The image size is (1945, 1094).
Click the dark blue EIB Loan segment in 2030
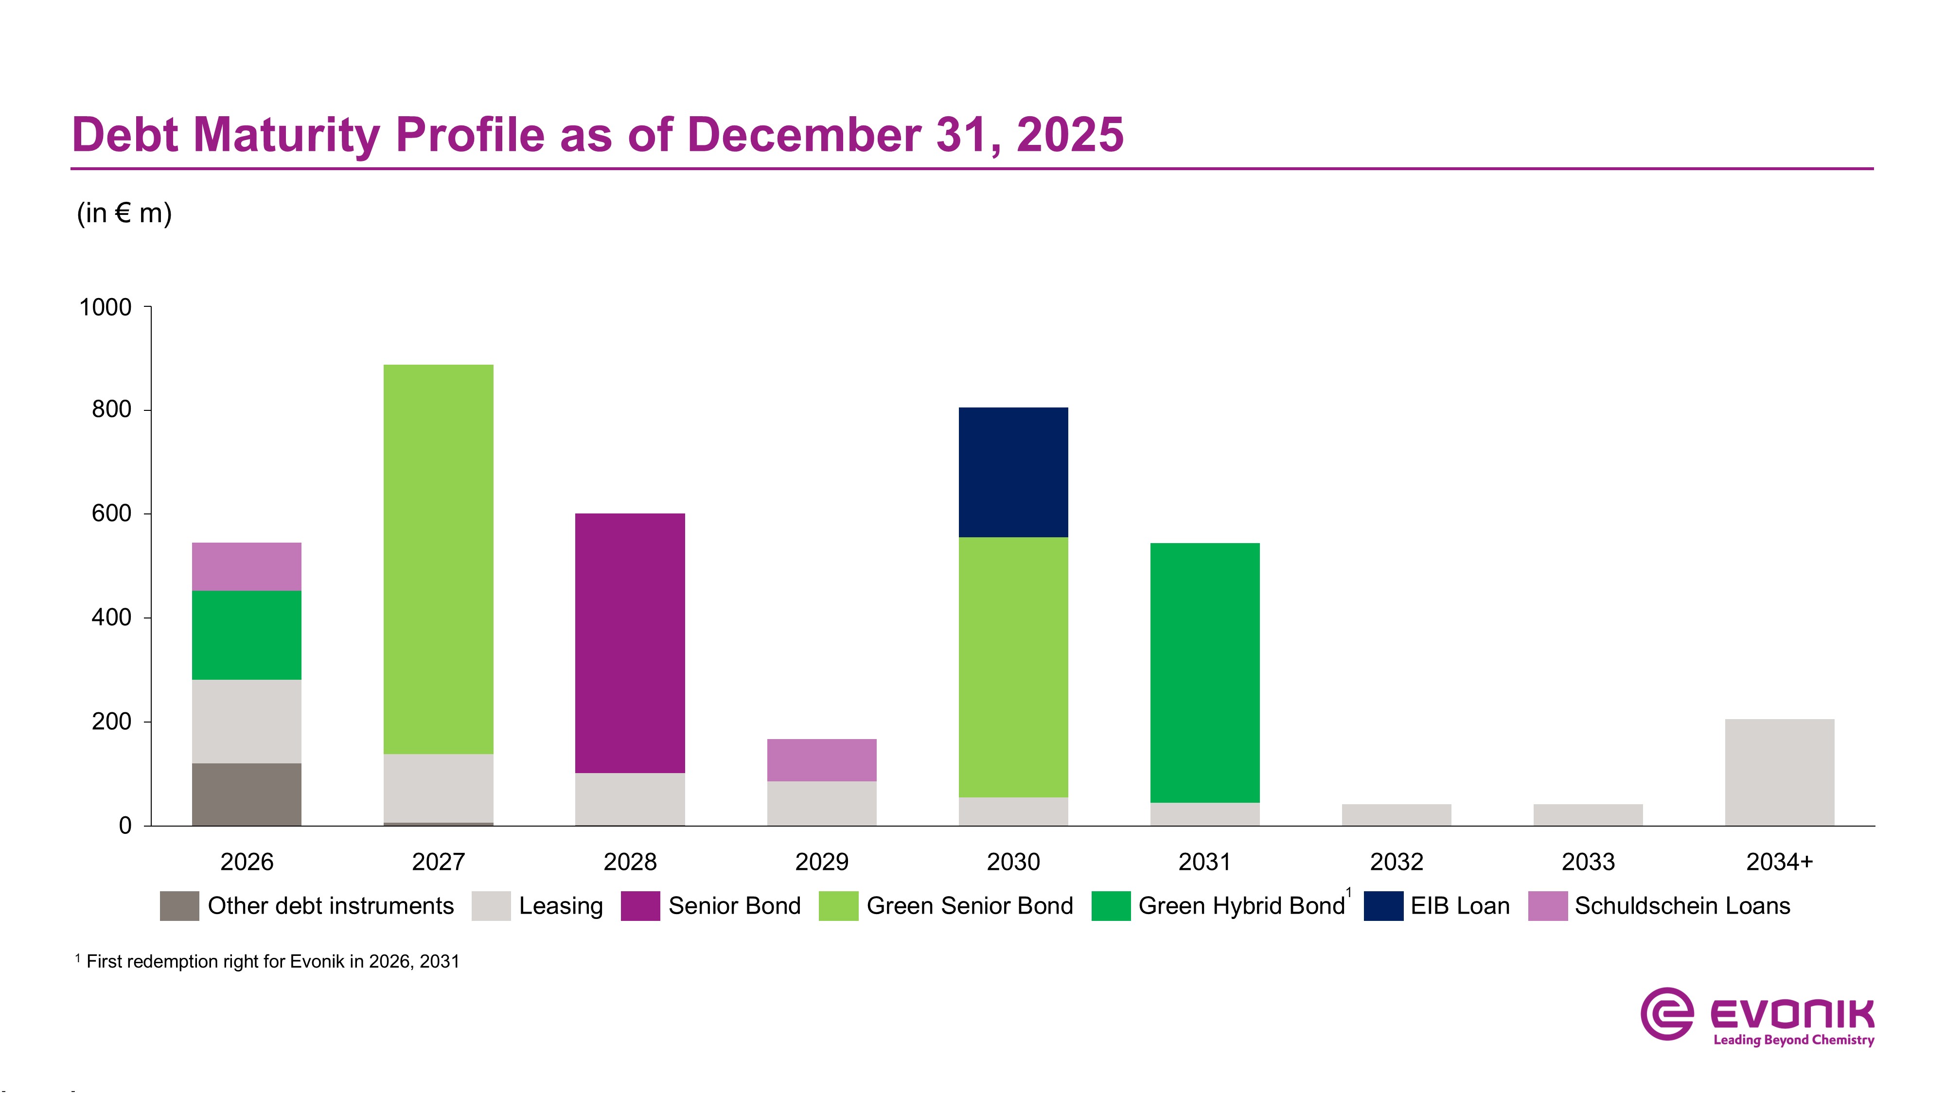click(x=1013, y=472)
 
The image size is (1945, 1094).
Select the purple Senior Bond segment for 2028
click(x=630, y=642)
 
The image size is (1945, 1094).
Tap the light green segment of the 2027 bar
click(x=438, y=559)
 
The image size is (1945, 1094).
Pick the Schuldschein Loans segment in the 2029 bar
click(x=821, y=759)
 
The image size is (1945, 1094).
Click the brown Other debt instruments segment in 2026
click(x=246, y=794)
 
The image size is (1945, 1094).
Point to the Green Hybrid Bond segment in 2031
click(x=1204, y=672)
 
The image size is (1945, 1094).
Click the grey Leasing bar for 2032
click(x=1396, y=814)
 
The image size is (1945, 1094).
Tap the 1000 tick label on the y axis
click(x=105, y=307)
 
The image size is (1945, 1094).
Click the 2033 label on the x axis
click(x=1588, y=862)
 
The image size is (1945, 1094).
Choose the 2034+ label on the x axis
click(x=1779, y=862)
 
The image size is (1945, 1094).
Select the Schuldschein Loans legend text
click(x=1682, y=906)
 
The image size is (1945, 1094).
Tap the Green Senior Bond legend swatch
click(x=838, y=906)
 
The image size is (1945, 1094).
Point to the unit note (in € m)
click(x=124, y=213)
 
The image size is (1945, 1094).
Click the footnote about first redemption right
click(x=272, y=961)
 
